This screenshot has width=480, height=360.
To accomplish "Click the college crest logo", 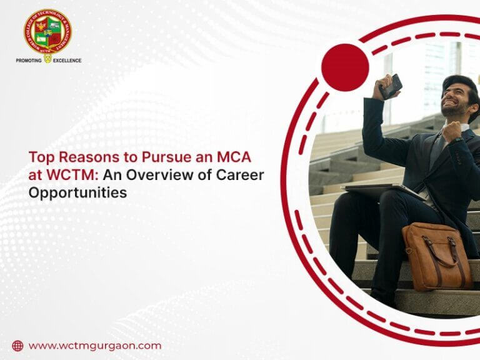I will (x=47, y=31).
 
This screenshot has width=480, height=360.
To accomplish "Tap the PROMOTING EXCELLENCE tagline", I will (x=48, y=61).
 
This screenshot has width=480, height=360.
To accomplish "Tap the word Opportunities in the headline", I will (x=77, y=193).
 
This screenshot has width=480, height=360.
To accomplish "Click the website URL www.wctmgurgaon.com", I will (x=95, y=346).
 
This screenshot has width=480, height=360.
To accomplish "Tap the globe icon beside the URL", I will (x=17, y=346).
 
